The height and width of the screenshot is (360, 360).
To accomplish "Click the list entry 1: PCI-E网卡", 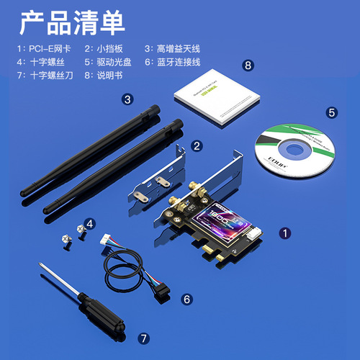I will pos(45,49).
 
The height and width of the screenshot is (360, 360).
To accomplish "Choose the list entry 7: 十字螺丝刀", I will pos(45,75).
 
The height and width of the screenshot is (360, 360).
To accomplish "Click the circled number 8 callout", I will pos(248,66).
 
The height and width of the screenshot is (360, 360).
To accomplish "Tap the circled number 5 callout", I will pos(332,112).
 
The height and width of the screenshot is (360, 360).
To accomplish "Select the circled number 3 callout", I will pos(127,99).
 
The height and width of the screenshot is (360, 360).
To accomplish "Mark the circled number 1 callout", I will pos(285,233).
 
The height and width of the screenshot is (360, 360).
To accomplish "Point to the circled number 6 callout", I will pos(186,298).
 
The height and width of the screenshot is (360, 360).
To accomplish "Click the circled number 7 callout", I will pos(143,337).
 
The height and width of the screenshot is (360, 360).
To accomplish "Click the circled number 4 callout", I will pos(91,225).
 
